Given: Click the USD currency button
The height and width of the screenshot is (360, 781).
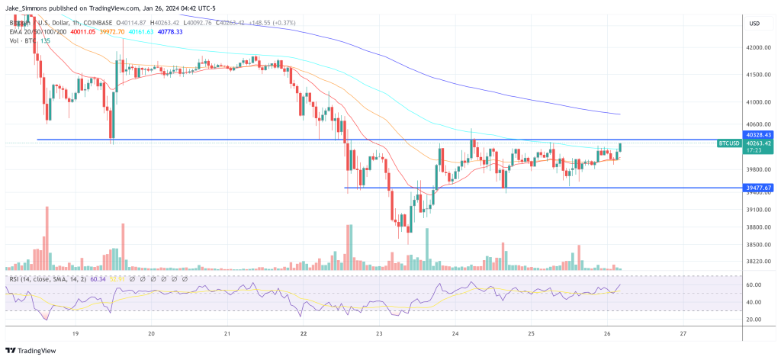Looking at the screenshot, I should (754, 23).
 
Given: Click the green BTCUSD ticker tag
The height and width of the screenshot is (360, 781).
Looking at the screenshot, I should (730, 143).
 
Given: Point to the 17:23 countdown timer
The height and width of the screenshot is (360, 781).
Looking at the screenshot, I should (755, 150).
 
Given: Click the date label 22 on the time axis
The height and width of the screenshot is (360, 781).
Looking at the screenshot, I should (304, 333).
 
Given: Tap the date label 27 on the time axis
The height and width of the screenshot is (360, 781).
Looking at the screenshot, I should (683, 333).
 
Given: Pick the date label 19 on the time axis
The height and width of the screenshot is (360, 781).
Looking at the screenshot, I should (76, 333).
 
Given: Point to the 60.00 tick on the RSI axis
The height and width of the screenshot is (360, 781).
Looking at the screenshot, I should (754, 284).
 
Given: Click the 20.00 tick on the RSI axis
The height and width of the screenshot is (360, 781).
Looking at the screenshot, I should (754, 319).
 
